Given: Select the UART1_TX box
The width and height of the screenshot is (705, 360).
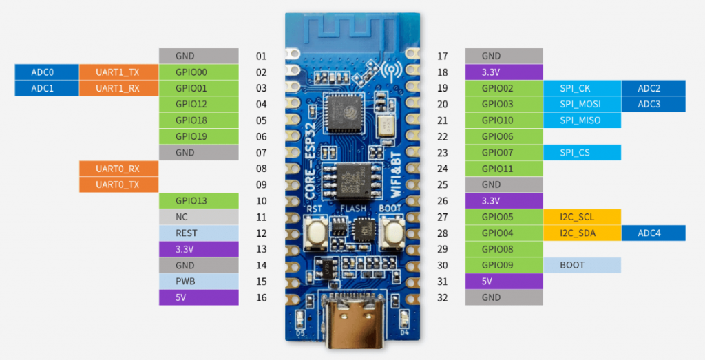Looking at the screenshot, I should [x=118, y=72].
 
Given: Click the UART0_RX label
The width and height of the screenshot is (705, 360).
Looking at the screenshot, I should [x=118, y=169].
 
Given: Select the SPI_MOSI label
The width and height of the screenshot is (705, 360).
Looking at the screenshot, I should [x=581, y=105].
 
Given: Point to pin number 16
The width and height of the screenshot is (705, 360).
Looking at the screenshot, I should [x=261, y=297].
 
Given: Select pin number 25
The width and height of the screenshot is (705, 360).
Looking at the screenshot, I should [x=443, y=185].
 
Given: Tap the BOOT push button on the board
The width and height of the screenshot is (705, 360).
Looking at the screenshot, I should [x=393, y=233].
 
